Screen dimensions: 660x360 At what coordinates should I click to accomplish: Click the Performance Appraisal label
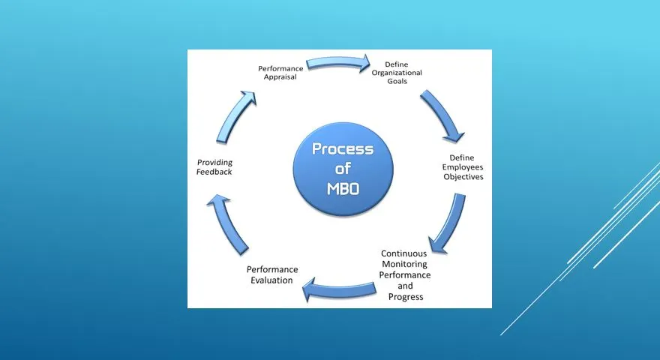coord(280,73)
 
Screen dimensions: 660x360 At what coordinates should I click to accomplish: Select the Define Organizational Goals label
coord(397,73)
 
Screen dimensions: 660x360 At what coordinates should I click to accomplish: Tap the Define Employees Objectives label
coord(462,167)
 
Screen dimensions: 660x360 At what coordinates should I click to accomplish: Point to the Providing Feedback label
coord(214,167)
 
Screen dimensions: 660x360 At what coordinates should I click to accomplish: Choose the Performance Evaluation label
coord(272,275)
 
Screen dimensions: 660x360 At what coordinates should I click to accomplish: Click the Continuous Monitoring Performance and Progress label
coord(405,275)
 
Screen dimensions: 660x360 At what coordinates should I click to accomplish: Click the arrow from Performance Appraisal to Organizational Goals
coord(338,63)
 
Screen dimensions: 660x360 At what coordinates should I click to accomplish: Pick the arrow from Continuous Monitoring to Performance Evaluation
coord(339,289)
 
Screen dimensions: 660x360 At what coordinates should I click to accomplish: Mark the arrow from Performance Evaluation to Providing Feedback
coord(226,223)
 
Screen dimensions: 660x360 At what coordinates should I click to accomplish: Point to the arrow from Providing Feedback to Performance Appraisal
coord(234,115)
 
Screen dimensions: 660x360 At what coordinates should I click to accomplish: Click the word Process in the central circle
coord(343,149)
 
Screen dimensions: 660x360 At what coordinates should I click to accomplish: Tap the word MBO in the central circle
coord(343,189)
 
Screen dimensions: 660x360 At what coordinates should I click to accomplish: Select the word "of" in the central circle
coord(343,169)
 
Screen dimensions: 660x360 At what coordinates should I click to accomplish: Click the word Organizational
coord(397,73)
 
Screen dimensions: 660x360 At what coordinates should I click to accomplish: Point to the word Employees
coord(463,167)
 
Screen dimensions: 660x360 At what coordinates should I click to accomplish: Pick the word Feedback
coord(214,172)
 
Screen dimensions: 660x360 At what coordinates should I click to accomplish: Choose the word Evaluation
coord(271,280)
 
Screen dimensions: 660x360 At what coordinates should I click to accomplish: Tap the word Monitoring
coord(404,265)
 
